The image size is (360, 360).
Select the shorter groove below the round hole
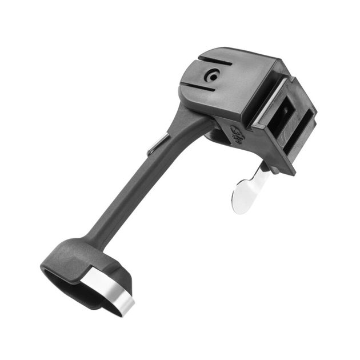click(205, 88)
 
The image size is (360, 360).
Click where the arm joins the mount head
click(191, 114)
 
